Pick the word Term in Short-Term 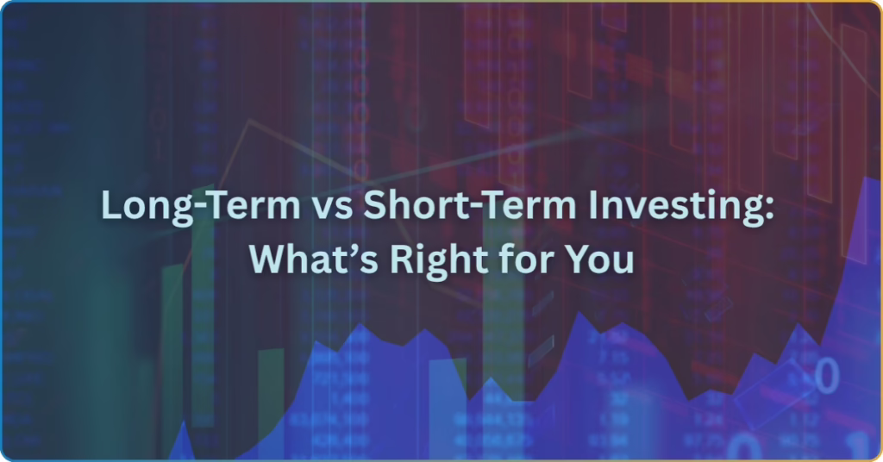point(521,205)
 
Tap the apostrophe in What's point(353,249)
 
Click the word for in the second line point(525,259)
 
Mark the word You point(599,260)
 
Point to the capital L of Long point(111,205)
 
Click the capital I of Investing point(593,205)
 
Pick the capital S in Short point(374,205)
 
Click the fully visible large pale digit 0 point(827,376)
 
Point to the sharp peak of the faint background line point(248,121)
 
